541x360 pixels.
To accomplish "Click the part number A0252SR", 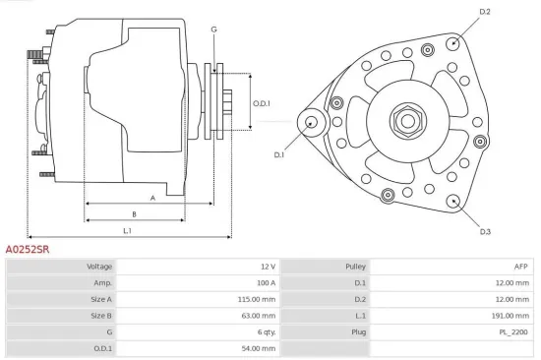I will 28,250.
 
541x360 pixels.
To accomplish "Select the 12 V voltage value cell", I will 267,267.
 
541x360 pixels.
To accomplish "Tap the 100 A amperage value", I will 266,282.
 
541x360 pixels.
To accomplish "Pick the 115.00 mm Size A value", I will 259,299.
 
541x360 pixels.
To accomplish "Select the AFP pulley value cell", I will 520,267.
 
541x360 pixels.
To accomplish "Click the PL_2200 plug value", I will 513,332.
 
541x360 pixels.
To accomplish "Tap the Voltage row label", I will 99,267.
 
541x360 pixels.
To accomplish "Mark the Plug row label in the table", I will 359,332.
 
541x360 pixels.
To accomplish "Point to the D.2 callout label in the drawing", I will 484,12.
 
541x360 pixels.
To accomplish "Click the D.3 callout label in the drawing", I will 485,231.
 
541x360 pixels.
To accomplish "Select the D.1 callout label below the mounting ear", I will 278,154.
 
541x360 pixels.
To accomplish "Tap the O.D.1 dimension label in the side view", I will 261,103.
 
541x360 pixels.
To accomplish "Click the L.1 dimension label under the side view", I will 128,230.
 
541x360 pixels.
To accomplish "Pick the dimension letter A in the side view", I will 152,198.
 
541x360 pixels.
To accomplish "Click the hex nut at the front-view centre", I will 405,121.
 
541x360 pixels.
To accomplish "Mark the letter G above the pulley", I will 213,30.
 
